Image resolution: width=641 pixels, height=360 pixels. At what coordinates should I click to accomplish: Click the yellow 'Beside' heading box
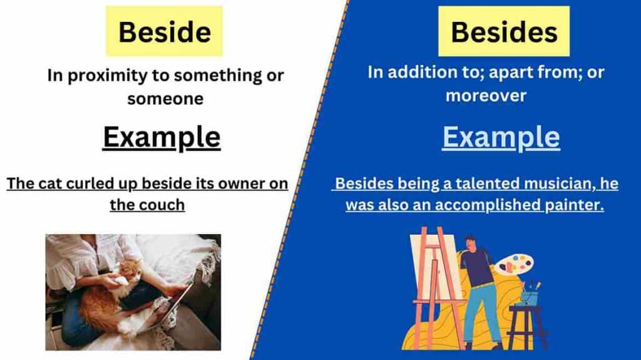165,31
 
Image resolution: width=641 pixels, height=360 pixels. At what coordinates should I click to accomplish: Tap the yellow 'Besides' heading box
504,31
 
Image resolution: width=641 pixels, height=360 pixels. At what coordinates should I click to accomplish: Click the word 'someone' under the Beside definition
165,99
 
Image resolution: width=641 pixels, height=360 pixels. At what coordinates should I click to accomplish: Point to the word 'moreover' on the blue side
486,96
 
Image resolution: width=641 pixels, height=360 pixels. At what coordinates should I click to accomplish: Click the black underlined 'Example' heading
162,137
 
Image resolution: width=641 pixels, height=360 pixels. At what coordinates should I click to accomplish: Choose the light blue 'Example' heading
501,137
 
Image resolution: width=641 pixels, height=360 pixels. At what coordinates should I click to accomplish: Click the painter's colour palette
515,264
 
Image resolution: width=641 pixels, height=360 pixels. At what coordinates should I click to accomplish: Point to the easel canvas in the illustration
436,266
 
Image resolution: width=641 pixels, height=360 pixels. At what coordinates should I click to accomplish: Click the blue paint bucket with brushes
530,296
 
